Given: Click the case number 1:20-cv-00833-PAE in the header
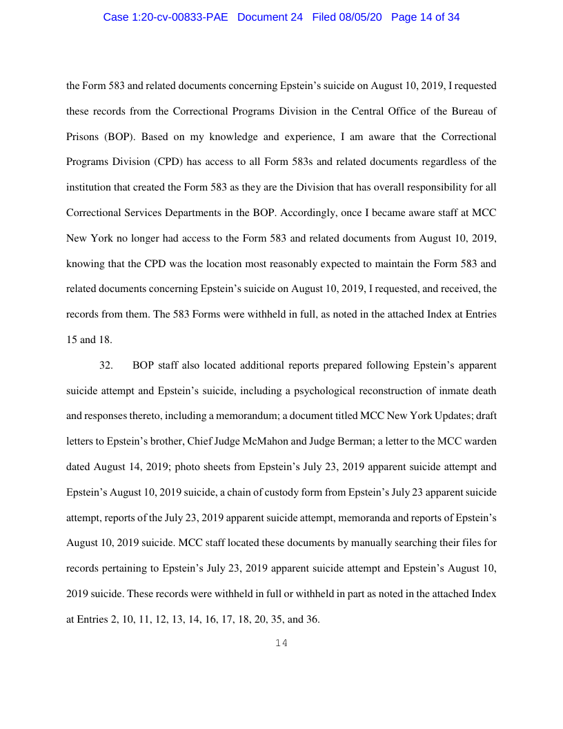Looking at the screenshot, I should [x=167, y=17].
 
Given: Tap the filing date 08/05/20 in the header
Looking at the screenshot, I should [x=362, y=17].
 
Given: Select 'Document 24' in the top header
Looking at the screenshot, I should [x=270, y=17].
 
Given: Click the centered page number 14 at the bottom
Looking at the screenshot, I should [x=281, y=643].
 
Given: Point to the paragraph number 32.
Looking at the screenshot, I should [x=106, y=364].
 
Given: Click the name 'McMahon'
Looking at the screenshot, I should [x=295, y=441].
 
